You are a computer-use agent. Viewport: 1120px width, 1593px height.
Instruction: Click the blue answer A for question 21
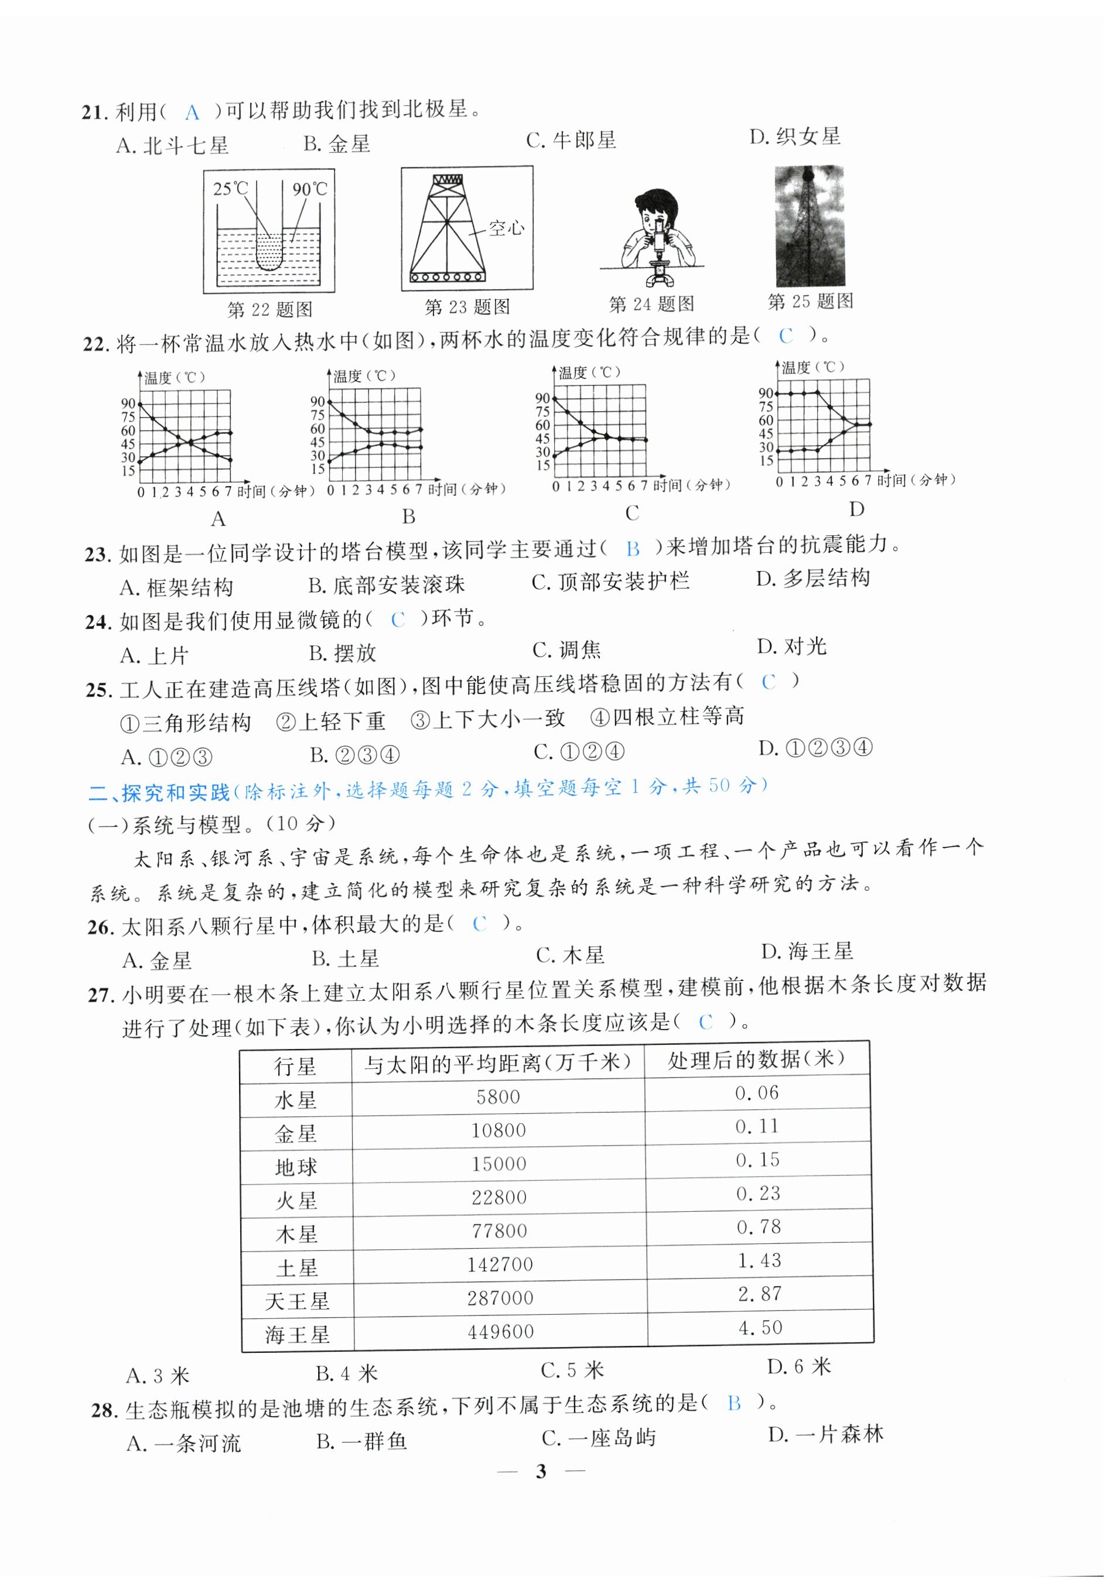coord(192,112)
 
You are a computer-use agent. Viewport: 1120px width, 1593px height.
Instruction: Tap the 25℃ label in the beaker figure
coord(230,189)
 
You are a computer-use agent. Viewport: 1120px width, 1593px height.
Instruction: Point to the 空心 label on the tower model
coord(506,228)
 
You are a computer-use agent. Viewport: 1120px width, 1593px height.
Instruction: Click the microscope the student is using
coord(658,257)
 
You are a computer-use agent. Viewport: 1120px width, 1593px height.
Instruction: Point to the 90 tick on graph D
coord(766,394)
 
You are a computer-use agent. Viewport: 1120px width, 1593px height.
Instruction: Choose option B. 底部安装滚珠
coord(387,585)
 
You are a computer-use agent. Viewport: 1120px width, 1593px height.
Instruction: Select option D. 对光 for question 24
coord(792,647)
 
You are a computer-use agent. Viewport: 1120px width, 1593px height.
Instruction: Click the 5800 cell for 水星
coord(498,1096)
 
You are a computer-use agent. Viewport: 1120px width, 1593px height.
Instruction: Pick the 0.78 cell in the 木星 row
coord(759,1226)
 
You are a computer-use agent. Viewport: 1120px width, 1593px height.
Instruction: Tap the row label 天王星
coord(297,1301)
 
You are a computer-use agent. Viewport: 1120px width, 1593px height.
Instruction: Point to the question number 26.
coord(100,928)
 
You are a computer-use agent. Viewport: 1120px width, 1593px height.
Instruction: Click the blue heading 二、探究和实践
coord(159,792)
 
